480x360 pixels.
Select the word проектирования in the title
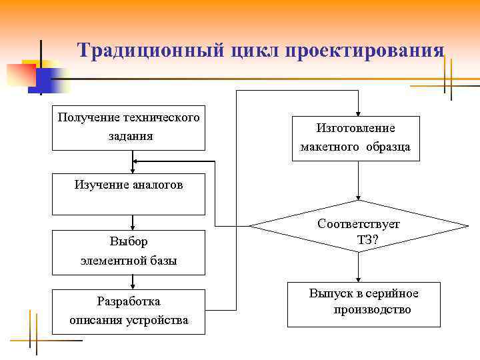click(x=365, y=51)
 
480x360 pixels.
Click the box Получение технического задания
click(x=129, y=127)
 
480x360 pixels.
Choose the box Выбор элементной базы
click(x=129, y=252)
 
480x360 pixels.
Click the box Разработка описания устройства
click(x=129, y=311)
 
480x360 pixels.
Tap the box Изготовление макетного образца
click(x=356, y=138)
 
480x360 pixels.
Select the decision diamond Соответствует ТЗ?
click(x=359, y=226)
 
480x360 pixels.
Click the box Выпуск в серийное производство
click(x=364, y=304)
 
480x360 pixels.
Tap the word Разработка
click(x=129, y=301)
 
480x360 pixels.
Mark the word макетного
click(x=329, y=147)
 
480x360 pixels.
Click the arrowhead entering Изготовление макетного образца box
click(x=359, y=113)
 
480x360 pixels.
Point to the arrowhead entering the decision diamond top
click(x=359, y=197)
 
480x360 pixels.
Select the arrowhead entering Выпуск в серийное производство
click(x=359, y=279)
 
